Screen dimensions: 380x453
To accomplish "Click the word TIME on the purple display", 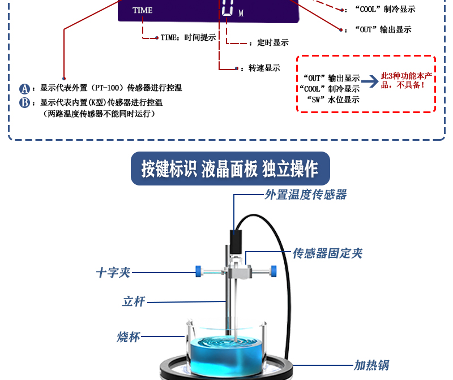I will tap(142, 10).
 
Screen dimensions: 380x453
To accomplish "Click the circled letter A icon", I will tap(24, 89).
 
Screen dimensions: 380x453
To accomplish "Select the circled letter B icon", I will tap(24, 102).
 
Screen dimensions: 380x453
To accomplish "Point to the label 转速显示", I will tap(264, 68).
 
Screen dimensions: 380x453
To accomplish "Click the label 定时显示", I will tap(272, 42).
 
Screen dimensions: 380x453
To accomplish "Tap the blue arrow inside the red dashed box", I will tap(370, 81).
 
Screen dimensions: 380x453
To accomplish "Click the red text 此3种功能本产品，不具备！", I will tap(406, 80).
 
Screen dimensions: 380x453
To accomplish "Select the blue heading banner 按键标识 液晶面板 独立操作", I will tap(230, 169).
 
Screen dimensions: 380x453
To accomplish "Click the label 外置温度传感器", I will tap(305, 195).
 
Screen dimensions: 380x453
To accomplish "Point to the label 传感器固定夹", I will tap(327, 253).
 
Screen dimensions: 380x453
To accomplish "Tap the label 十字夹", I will tap(113, 273).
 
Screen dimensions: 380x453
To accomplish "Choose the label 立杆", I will tap(134, 301).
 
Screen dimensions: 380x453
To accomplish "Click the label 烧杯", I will tap(128, 338).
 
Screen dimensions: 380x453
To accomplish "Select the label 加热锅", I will tap(371, 365).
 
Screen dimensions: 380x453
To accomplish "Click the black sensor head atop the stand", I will tap(236, 240).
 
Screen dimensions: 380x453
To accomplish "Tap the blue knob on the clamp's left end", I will tap(198, 271).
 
